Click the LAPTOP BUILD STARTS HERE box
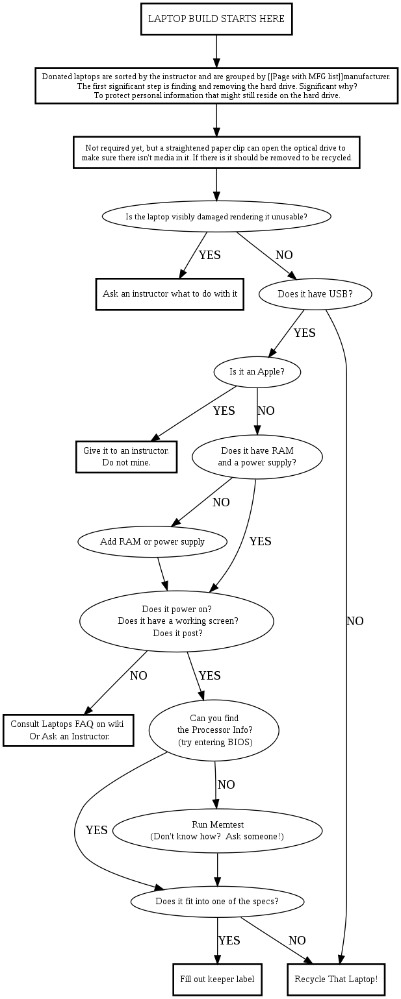pyautogui.click(x=216, y=19)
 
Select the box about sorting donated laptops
pyautogui.click(x=216, y=86)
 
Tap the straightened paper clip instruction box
pyautogui.click(x=216, y=153)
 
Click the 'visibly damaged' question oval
pyautogui.click(x=216, y=216)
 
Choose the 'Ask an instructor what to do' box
pyautogui.click(x=170, y=294)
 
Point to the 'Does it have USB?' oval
pyautogui.click(x=315, y=294)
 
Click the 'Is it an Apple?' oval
pyautogui.click(x=257, y=373)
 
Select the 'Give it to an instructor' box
pyautogui.click(x=126, y=456)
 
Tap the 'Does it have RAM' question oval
pyautogui.click(x=257, y=456)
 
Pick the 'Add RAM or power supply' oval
pyautogui.click(x=152, y=541)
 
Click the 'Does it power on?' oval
pyautogui.click(x=177, y=621)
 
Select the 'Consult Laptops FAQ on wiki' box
pyautogui.click(x=68, y=730)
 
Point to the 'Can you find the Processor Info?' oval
pyautogui.click(x=214, y=730)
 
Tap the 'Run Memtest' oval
pyautogui.click(x=217, y=830)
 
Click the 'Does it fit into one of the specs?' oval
pyautogui.click(x=217, y=901)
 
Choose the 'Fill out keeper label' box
pyautogui.click(x=217, y=980)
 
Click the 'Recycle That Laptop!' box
pyautogui.click(x=336, y=980)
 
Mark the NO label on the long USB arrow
pyautogui.click(x=355, y=621)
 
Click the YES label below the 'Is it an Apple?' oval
pyautogui.click(x=224, y=411)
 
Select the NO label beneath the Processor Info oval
pyautogui.click(x=226, y=785)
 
